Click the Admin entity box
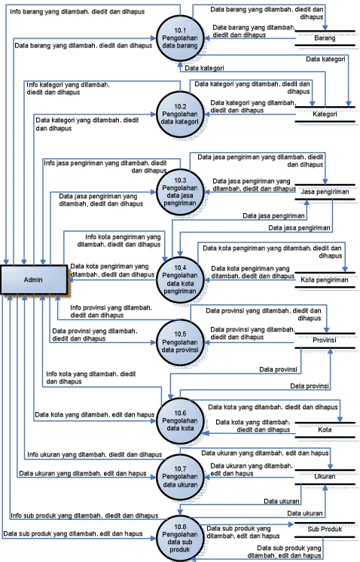point(33,279)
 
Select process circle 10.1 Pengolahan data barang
point(180,38)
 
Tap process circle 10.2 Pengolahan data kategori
point(180,114)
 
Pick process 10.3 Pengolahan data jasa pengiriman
point(180,192)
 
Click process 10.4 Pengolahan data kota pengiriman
point(180,279)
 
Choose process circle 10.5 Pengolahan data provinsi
point(180,342)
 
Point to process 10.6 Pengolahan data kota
point(180,421)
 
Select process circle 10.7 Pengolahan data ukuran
point(180,477)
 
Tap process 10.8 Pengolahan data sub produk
point(180,539)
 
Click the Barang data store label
point(325,38)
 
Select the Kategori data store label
point(325,114)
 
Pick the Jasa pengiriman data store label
point(325,192)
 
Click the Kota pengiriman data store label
point(324,279)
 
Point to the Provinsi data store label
point(324,340)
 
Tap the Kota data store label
point(325,429)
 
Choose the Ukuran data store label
point(325,476)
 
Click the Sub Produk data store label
point(325,529)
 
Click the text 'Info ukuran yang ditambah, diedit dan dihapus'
point(95,454)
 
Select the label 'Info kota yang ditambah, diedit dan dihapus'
point(90,377)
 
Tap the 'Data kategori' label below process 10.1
point(204,68)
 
